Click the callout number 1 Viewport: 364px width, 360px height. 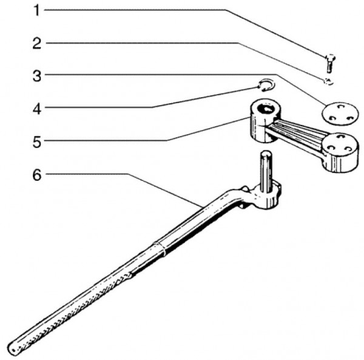[x=36, y=10]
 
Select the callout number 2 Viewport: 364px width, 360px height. [x=36, y=43]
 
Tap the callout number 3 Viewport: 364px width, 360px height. [x=36, y=76]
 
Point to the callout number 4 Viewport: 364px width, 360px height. [x=37, y=109]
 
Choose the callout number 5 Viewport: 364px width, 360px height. [x=36, y=142]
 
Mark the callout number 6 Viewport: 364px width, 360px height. [x=36, y=175]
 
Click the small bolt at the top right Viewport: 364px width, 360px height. [x=330, y=63]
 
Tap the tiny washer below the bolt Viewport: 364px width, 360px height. [x=328, y=81]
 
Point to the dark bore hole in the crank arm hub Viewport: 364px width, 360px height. [x=266, y=109]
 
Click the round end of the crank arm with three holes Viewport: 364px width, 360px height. [x=340, y=152]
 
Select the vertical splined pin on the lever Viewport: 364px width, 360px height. [x=266, y=171]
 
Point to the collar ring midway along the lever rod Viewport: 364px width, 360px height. [x=159, y=249]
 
